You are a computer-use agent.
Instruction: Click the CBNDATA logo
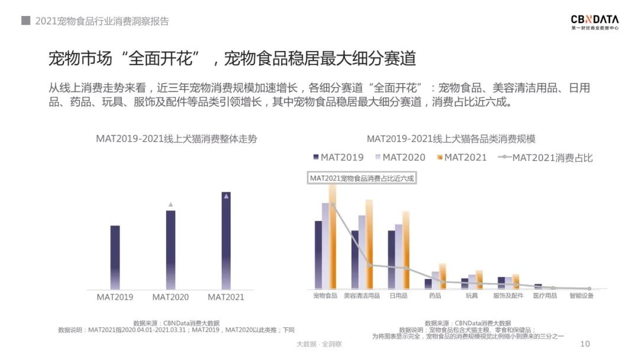(595, 22)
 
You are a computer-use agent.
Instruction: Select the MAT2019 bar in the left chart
(115, 257)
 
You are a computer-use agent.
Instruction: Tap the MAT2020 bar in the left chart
(170, 249)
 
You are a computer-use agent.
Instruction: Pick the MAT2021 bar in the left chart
(226, 240)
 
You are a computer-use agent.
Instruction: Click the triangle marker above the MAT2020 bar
(170, 204)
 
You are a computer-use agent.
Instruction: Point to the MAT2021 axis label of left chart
(226, 297)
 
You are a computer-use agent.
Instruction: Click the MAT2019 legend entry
(338, 157)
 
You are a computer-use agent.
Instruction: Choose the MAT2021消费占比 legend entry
(546, 157)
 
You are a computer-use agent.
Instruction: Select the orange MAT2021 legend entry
(461, 157)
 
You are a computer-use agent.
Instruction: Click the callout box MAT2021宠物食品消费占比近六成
(362, 178)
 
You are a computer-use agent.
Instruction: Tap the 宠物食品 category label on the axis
(325, 295)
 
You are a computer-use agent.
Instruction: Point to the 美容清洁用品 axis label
(362, 295)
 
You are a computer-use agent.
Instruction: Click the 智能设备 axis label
(582, 295)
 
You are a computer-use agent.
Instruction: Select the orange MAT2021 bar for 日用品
(406, 249)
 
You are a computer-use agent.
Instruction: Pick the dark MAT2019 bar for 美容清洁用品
(355, 259)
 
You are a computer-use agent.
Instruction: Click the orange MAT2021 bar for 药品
(442, 276)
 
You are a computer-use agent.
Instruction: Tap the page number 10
(585, 344)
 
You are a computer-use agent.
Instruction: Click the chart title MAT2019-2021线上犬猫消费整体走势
(176, 139)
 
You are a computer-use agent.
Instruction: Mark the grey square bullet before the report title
(25, 21)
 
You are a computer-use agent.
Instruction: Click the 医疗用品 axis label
(545, 295)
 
